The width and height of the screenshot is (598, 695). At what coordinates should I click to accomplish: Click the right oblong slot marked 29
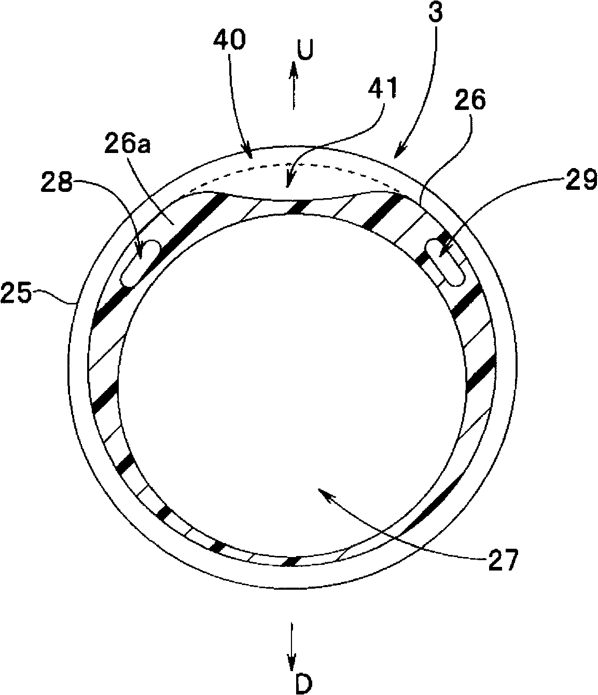coord(444,265)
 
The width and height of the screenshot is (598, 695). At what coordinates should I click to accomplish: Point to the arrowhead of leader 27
coord(322,493)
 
